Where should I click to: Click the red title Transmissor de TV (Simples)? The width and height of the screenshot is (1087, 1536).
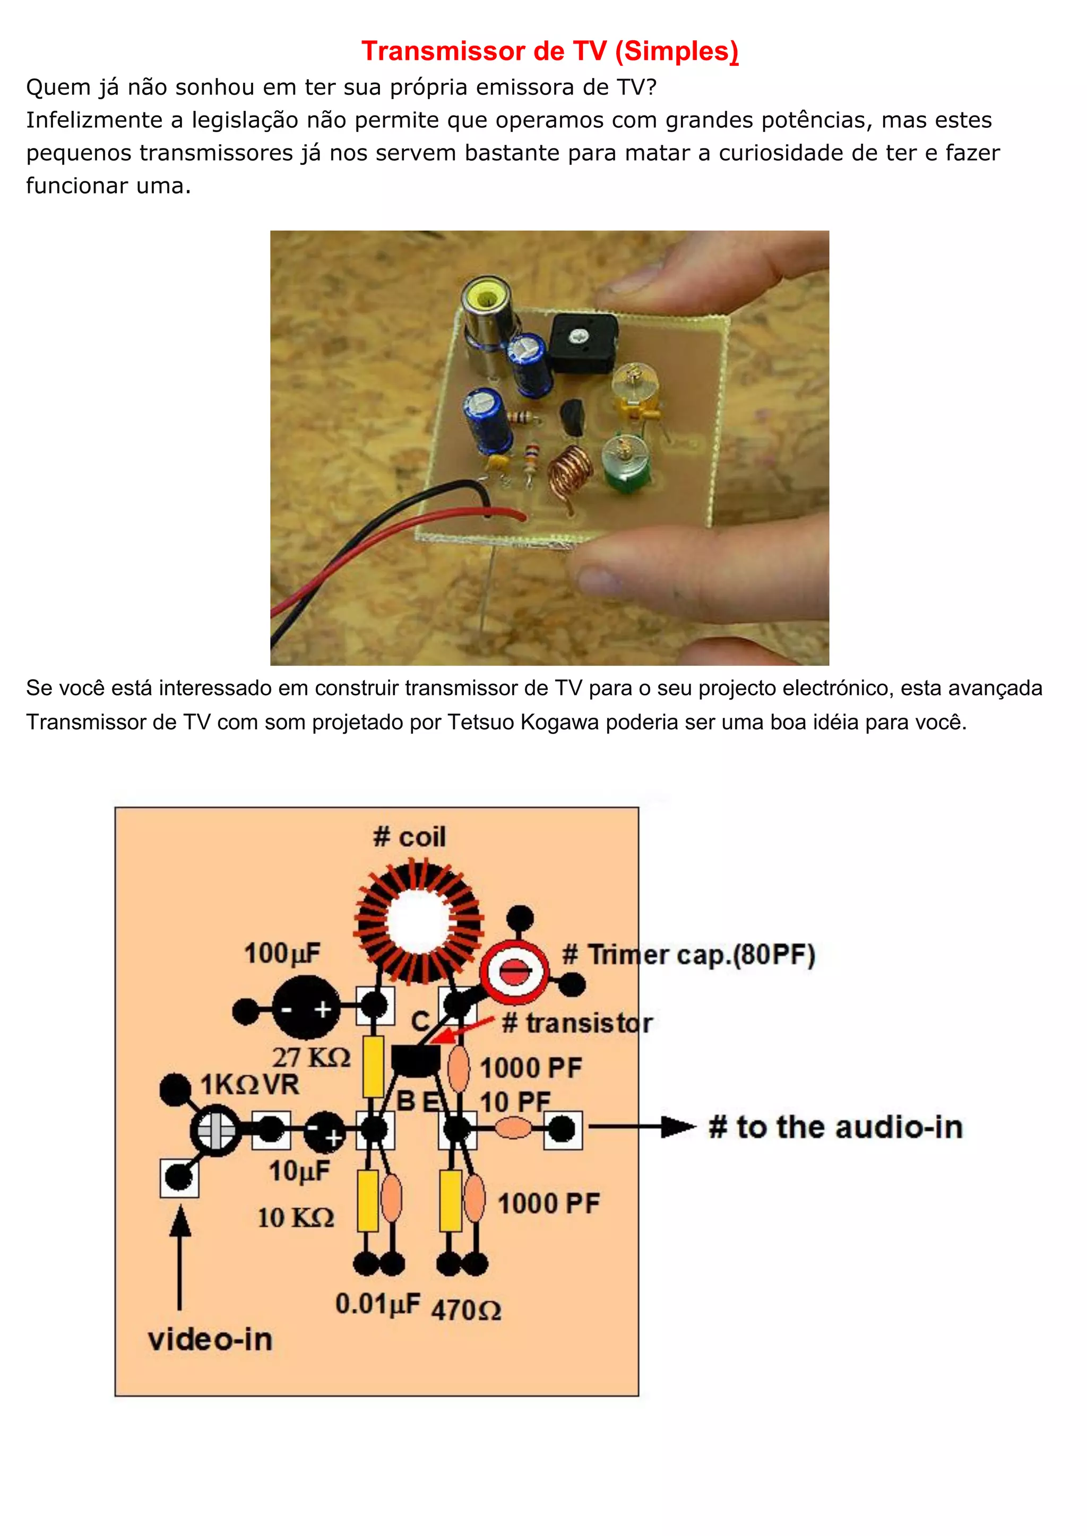coord(549,51)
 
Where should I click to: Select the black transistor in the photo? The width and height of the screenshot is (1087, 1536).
coord(573,417)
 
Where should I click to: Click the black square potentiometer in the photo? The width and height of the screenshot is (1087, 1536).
coord(582,343)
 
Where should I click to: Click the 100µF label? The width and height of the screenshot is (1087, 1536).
coord(282,953)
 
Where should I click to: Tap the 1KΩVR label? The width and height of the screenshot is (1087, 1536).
coord(249,1085)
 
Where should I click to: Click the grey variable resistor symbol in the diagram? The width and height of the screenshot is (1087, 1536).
coord(215,1130)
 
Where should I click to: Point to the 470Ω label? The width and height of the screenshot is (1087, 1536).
coord(466,1311)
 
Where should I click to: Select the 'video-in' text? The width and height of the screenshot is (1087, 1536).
coord(210,1340)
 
